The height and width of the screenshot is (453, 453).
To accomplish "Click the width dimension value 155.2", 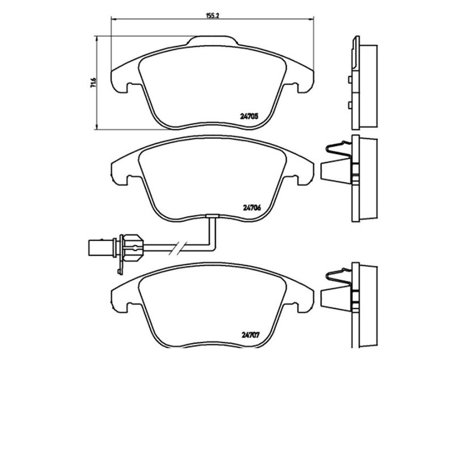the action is point(212,16).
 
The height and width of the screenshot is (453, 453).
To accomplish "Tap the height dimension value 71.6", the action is point(93,83).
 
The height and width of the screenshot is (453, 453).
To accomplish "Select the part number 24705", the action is point(249,116).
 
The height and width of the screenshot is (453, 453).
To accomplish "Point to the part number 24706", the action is point(252,207).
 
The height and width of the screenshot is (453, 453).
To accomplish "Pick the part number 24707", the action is point(250,336).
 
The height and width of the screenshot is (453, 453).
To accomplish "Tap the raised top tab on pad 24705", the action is point(212,40).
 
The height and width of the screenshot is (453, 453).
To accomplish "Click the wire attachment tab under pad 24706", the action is point(212,216).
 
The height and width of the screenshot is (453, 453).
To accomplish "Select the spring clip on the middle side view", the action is point(339,150).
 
